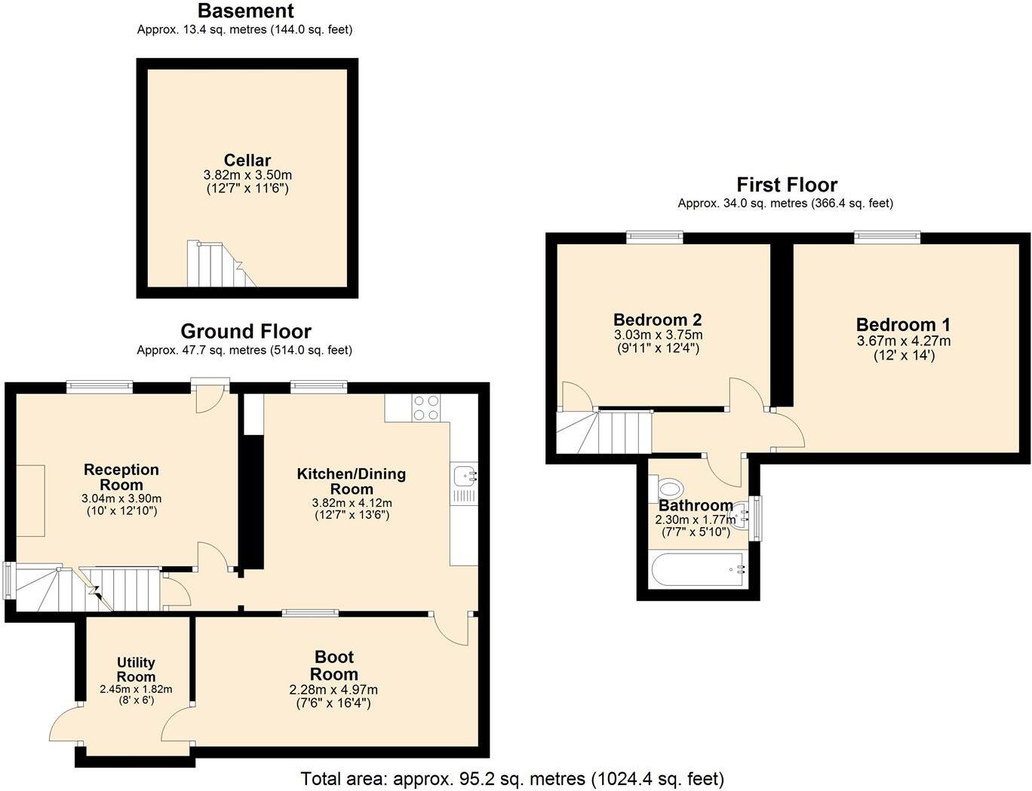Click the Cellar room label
tap(247, 161)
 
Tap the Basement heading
tap(245, 11)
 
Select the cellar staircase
tap(215, 265)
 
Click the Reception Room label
tap(121, 477)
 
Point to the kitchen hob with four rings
tap(426, 408)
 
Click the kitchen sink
tap(463, 476)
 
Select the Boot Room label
tap(333, 666)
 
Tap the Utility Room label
tap(136, 670)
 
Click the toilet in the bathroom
tap(669, 487)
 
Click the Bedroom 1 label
tap(903, 325)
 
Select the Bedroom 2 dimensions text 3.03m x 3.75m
tap(658, 335)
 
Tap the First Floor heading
tap(787, 185)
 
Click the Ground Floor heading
tap(245, 332)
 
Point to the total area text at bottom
tap(512, 778)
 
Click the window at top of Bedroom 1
tap(887, 238)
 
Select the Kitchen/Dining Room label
tap(352, 481)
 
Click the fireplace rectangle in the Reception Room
tap(31, 501)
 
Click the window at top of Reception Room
tap(100, 388)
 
